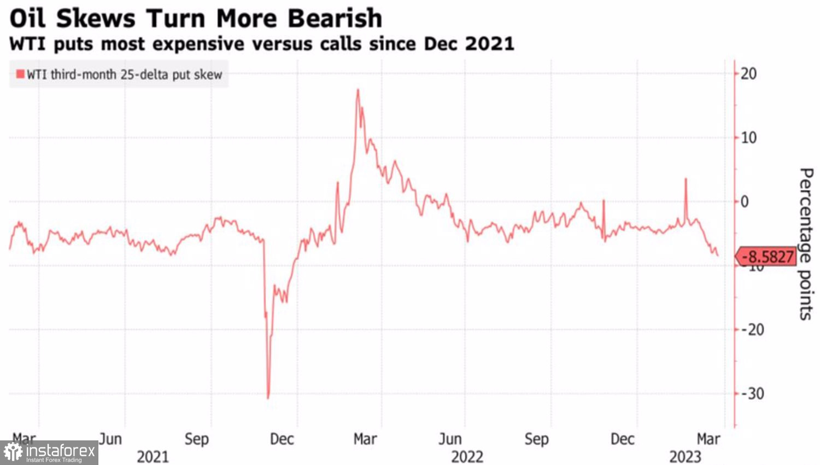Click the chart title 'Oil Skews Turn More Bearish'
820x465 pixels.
[x=196, y=19]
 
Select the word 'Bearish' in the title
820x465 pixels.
[x=335, y=19]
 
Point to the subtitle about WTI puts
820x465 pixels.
[x=261, y=44]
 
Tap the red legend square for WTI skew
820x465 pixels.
[x=20, y=74]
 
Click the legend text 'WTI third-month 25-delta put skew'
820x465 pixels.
[x=125, y=74]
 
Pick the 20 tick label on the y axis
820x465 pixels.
[x=748, y=73]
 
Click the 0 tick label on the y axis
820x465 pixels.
[x=745, y=201]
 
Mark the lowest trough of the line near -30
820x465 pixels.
[x=268, y=398]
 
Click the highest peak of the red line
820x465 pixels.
[x=358, y=90]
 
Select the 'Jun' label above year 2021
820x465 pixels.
[x=110, y=439]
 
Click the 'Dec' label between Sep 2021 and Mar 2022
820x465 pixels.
[x=282, y=439]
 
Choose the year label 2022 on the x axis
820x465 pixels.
[x=467, y=456]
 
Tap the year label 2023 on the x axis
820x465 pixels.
[x=685, y=456]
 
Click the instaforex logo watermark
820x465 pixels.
[x=49, y=452]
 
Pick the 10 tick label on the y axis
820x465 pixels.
[x=748, y=137]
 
